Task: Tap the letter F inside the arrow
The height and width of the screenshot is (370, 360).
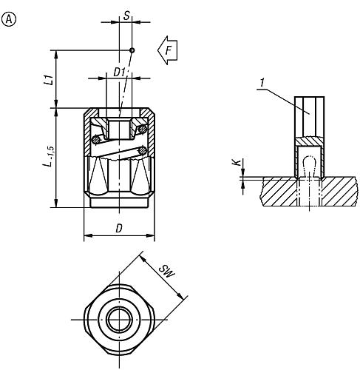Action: (x=169, y=50)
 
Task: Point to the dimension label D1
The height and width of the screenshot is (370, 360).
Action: (x=118, y=72)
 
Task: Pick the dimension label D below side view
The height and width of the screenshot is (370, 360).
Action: (x=118, y=229)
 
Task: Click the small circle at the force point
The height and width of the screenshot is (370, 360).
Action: (x=132, y=50)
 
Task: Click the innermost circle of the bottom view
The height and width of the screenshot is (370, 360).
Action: (x=118, y=319)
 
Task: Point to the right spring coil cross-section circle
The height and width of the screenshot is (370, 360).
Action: (x=142, y=131)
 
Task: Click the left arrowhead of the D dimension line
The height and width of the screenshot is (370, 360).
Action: (x=86, y=237)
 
